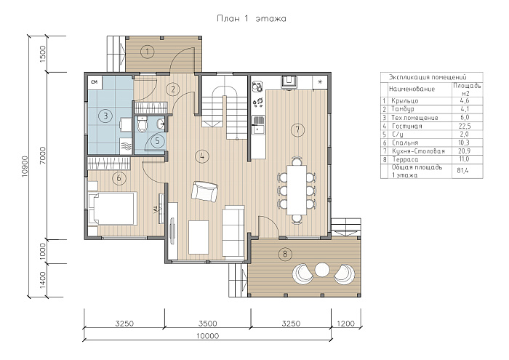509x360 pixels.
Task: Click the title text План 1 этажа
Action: (252, 18)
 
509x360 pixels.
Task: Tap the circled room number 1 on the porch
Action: (148, 52)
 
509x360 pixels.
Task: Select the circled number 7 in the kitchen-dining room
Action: (297, 129)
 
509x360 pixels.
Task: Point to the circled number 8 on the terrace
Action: (285, 254)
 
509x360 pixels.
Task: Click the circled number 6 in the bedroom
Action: (119, 178)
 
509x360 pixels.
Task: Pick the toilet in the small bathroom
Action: (142, 124)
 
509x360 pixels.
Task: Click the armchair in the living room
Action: (204, 191)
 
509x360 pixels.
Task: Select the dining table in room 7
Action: (297, 190)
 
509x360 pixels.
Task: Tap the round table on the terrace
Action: (322, 270)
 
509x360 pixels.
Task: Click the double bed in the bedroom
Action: (112, 209)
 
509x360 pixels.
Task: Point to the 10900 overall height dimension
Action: (25, 167)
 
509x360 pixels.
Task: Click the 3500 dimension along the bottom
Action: (208, 324)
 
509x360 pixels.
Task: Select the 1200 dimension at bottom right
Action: (345, 324)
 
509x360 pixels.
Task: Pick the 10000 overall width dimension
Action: (208, 336)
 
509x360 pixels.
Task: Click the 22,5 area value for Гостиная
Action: (465, 126)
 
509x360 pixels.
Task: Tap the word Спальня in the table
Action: (405, 143)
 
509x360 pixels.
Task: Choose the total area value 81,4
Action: (463, 170)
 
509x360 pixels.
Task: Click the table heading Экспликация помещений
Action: (428, 77)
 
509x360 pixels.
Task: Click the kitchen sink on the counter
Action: (259, 124)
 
